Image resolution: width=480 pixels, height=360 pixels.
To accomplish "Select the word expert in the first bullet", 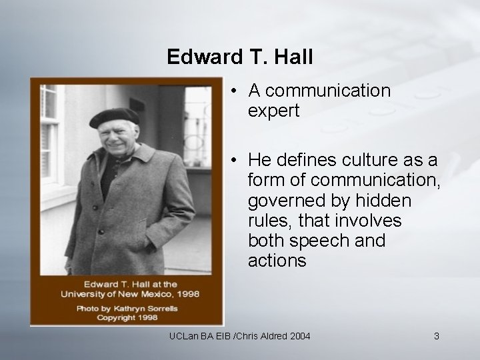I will point(274,110).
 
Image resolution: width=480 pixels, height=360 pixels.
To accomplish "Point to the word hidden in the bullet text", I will point(381,201).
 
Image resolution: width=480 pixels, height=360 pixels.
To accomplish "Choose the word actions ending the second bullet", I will point(277,261).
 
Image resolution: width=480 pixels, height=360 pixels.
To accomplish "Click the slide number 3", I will point(436,337).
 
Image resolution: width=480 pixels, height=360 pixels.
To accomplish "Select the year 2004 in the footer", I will point(297,337).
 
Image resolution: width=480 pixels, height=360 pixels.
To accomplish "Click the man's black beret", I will point(115,117).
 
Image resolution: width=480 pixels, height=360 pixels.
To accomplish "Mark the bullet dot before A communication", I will point(235,91).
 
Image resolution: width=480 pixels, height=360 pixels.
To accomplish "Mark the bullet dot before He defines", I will point(235,161).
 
